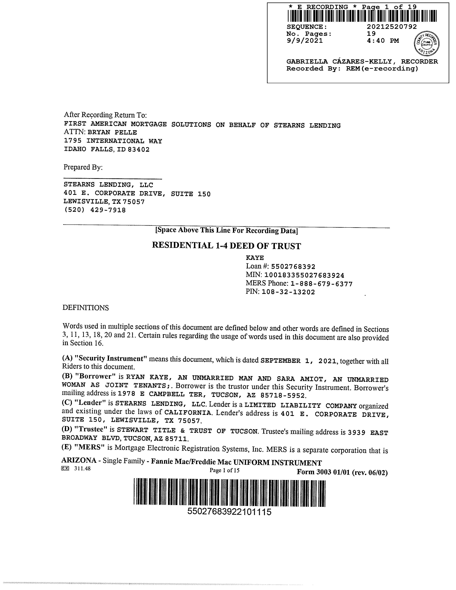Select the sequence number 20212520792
point(392,27)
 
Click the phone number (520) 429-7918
point(95,210)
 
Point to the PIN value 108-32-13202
point(288,292)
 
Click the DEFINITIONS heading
point(86,308)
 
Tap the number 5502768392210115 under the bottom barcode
point(229,512)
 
